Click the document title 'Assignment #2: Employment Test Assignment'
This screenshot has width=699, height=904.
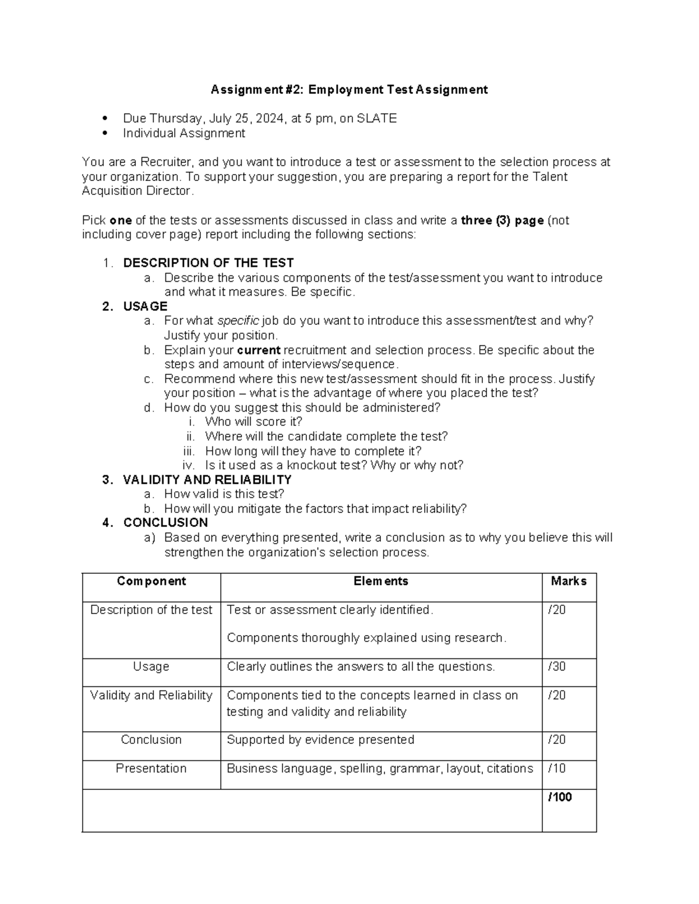click(349, 90)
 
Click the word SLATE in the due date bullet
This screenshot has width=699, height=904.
click(376, 119)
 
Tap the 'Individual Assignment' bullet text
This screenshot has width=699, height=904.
click(183, 133)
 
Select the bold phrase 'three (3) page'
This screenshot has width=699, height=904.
click(502, 221)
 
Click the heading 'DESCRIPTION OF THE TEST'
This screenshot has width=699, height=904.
click(208, 263)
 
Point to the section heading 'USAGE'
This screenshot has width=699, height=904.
click(145, 307)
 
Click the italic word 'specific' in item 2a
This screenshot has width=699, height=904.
click(238, 321)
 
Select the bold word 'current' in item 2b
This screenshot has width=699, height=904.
click(259, 350)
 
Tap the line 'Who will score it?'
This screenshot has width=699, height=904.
click(253, 422)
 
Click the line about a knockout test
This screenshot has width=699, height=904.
click(334, 465)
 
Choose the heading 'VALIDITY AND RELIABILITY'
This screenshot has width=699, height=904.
click(207, 480)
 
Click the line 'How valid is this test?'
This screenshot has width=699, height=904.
click(224, 494)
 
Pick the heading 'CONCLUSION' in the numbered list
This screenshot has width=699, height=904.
click(165, 523)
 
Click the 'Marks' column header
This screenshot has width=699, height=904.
click(569, 581)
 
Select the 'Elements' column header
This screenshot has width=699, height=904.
click(380, 581)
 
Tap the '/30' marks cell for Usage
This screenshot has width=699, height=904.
click(557, 667)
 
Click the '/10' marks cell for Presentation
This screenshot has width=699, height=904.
click(557, 768)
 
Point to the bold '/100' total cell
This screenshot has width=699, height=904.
click(560, 797)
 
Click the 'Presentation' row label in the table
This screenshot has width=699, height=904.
click(151, 768)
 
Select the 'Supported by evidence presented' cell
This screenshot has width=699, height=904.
click(320, 740)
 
